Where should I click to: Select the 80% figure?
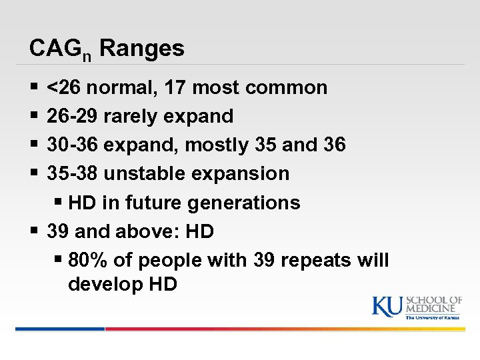point(88,260)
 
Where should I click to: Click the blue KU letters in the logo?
point(387,305)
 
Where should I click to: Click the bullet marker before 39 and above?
point(34,231)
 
